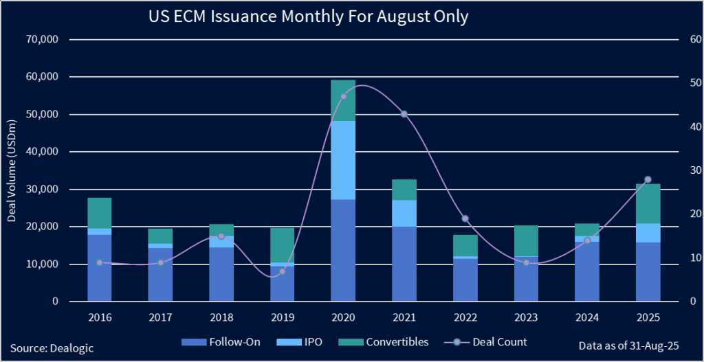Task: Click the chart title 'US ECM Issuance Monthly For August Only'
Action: [308, 16]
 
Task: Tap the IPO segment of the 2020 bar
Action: [343, 160]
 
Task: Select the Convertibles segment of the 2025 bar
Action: [648, 203]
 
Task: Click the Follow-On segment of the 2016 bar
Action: [100, 268]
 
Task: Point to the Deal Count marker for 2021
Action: [404, 114]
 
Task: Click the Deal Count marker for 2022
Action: [465, 218]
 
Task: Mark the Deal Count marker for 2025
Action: [648, 179]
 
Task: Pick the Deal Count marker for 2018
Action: [221, 236]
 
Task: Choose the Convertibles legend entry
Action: [385, 341]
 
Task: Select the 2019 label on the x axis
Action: [282, 317]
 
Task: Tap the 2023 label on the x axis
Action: [526, 317]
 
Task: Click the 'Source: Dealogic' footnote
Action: [52, 348]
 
